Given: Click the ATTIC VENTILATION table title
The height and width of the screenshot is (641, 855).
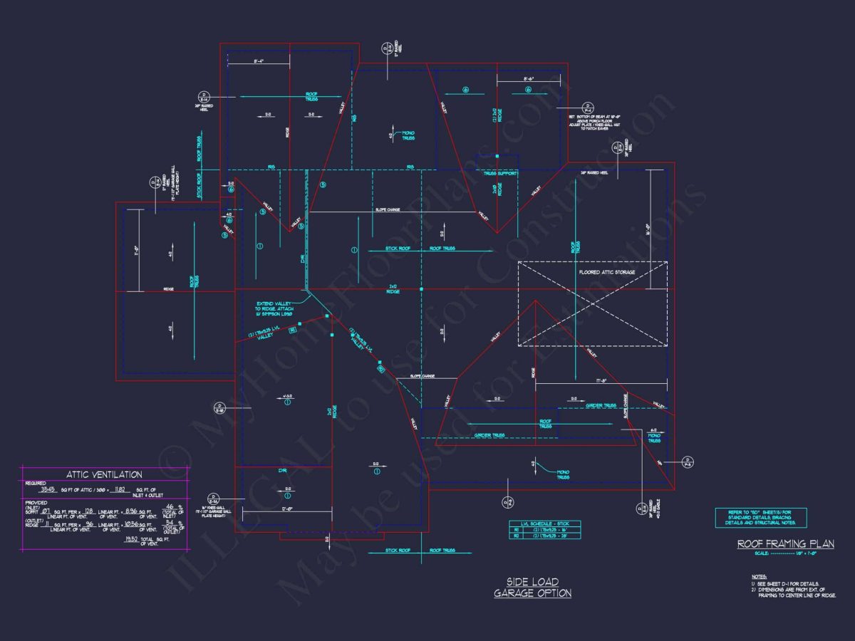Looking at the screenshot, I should (104, 474).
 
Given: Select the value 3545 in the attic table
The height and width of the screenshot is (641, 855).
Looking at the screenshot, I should (48, 490).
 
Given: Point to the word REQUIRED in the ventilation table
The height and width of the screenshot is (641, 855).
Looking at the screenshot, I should (36, 482).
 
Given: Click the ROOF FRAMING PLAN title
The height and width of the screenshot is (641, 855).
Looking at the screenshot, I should (785, 544).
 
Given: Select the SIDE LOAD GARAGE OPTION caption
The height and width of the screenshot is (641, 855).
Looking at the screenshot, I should (533, 587).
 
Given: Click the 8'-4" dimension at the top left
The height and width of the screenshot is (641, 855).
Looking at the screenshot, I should (259, 62).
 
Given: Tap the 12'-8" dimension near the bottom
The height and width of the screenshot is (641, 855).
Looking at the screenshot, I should (287, 509).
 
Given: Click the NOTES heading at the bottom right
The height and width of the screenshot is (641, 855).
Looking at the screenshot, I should (760, 576).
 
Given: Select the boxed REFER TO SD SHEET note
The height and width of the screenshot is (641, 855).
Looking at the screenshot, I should (760, 518).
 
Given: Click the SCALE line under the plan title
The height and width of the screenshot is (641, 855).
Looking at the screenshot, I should (785, 554).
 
